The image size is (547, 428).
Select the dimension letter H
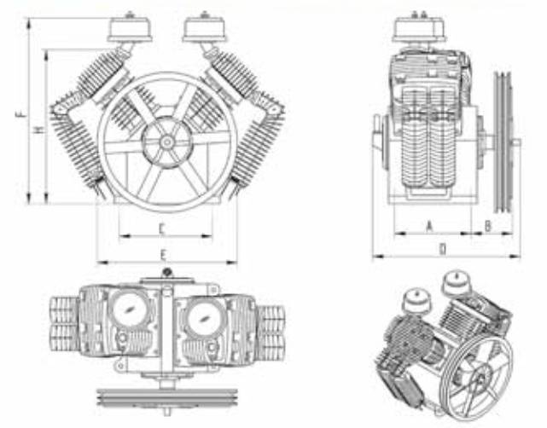[38, 129]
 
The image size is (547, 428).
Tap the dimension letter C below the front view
[161, 227]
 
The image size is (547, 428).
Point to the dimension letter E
[162, 254]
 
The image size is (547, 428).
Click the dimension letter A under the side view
[428, 224]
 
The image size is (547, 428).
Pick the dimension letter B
[487, 224]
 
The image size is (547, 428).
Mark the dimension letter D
[442, 249]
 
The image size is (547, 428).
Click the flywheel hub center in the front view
[166, 140]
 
